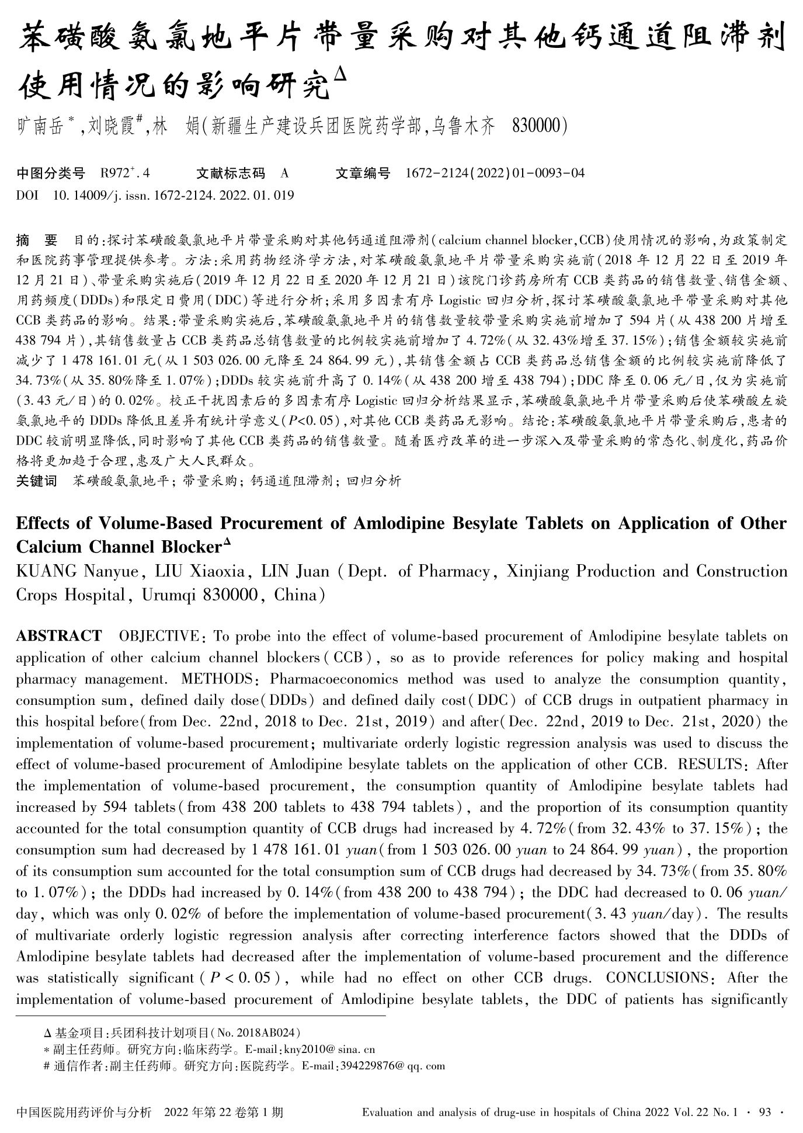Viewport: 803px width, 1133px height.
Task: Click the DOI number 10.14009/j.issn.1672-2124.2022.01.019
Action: [173, 195]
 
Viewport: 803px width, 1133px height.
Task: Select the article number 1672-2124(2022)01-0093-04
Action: [495, 173]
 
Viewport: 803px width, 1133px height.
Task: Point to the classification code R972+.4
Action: [125, 173]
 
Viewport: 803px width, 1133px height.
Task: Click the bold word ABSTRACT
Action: [58, 636]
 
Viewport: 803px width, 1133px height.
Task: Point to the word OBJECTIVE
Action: [159, 636]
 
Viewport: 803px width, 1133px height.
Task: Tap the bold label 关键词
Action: [36, 481]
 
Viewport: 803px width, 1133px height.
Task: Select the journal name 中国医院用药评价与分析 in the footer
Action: [84, 1112]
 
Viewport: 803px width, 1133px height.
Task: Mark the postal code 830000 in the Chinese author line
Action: [536, 126]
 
